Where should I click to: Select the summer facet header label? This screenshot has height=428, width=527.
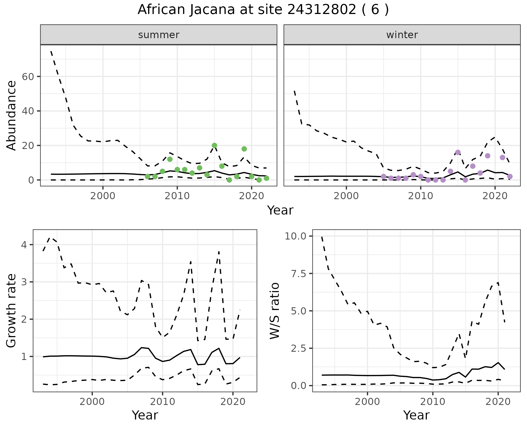[x=159, y=35]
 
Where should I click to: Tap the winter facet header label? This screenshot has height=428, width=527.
[x=402, y=35]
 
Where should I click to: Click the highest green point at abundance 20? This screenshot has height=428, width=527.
[x=214, y=145]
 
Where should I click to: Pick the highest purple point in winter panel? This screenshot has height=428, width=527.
[x=458, y=152]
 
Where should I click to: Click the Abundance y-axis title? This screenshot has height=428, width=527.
[x=11, y=115]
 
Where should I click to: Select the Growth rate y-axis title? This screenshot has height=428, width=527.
[x=11, y=311]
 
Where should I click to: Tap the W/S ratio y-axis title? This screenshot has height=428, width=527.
[x=274, y=311]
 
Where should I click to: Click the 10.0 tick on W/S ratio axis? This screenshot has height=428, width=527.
[x=295, y=236]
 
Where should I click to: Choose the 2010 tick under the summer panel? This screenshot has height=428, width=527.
[x=177, y=196]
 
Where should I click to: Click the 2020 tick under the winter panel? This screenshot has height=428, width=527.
[x=495, y=196]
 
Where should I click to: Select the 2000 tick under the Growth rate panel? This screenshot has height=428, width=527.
[x=92, y=402]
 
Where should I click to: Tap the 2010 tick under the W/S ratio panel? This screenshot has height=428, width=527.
[x=433, y=402]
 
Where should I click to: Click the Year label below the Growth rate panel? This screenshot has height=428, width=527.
[x=145, y=415]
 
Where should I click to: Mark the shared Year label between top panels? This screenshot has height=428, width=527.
[x=280, y=210]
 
